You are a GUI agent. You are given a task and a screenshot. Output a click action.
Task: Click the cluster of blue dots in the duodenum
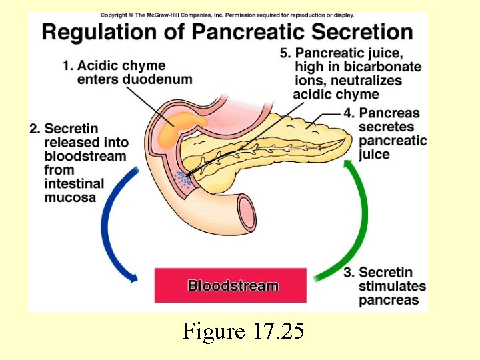[181, 179]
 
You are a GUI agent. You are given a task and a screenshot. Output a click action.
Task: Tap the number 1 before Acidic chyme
[67, 66]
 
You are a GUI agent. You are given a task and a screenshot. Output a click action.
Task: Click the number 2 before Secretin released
[34, 129]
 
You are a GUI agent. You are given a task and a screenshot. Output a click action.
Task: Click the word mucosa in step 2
[70, 197]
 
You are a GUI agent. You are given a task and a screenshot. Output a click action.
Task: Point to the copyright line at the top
[227, 15]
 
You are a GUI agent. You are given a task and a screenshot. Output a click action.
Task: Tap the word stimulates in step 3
[392, 286]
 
